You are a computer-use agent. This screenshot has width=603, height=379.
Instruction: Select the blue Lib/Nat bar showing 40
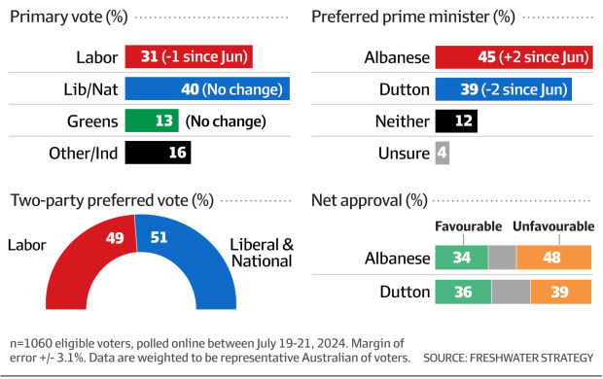pos(207,89)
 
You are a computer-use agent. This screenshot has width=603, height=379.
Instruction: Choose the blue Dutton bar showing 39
pos(503,89)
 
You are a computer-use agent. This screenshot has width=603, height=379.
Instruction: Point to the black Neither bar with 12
pos(457,121)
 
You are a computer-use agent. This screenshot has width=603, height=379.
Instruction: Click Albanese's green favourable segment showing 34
pos(461,258)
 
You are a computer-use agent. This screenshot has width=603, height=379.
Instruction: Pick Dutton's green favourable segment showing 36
pos(463,291)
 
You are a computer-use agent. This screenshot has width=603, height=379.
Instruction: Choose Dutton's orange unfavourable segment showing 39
pos(559,291)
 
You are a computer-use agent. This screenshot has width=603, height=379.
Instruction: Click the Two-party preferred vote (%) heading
pos(111,201)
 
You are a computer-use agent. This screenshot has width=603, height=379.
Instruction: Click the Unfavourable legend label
pos(553,226)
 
